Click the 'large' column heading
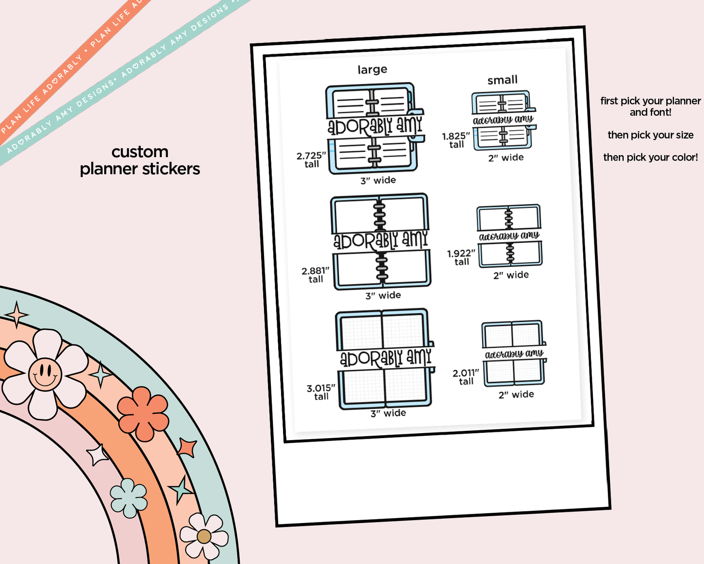(372, 70)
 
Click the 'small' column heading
(502, 80)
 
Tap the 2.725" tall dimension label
(311, 160)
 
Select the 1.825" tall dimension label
(456, 140)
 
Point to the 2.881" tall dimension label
(316, 275)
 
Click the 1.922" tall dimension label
(461, 257)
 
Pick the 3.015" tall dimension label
(321, 392)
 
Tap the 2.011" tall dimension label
(466, 377)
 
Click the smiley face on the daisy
(45, 374)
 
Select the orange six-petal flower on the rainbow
(143, 413)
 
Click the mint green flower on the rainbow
(129, 498)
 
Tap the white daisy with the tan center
(204, 536)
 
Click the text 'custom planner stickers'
(140, 160)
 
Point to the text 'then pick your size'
(650, 135)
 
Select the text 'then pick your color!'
(650, 157)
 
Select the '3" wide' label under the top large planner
(378, 181)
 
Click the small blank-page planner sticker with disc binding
(509, 236)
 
